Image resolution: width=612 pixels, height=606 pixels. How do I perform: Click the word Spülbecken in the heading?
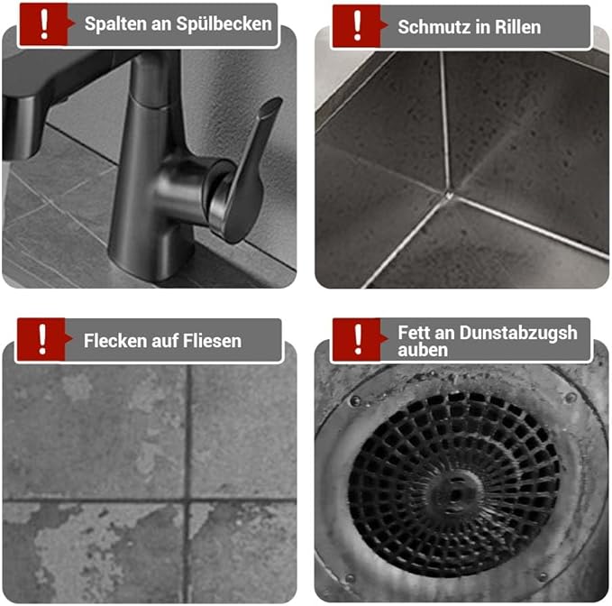(x=224, y=24)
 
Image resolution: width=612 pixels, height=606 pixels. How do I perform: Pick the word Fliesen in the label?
(x=213, y=341)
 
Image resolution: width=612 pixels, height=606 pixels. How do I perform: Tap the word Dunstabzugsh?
(x=518, y=334)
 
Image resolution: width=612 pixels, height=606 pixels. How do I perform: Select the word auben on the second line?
(x=423, y=350)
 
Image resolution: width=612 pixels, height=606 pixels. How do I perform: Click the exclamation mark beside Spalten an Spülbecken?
(x=44, y=24)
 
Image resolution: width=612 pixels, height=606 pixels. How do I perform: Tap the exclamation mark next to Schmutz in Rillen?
(x=357, y=26)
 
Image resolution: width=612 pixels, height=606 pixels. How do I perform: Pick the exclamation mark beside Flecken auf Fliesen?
(x=42, y=339)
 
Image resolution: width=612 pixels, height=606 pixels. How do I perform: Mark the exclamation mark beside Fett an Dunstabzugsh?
(x=358, y=339)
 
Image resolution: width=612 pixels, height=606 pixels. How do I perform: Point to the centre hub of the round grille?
(x=454, y=492)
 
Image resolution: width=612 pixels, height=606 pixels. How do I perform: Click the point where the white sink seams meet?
(x=449, y=194)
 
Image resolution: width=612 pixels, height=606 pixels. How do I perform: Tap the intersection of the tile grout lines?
(x=187, y=500)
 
